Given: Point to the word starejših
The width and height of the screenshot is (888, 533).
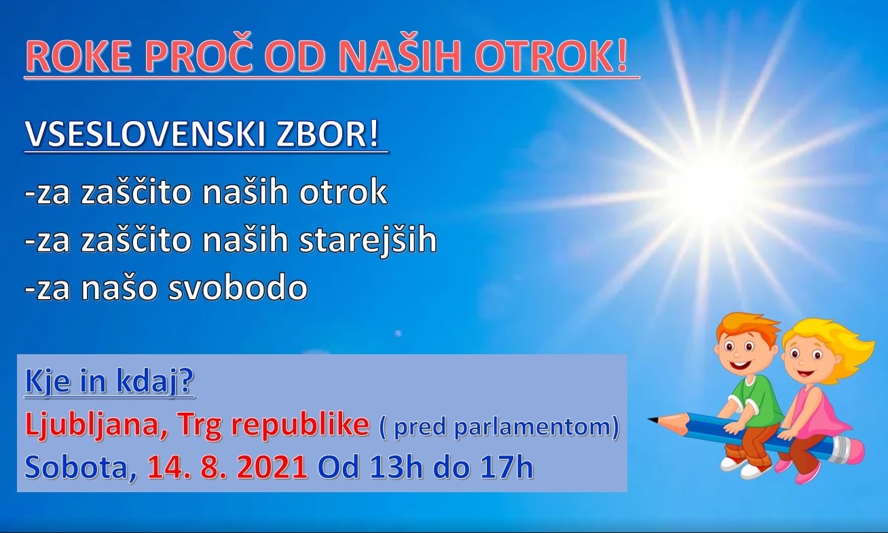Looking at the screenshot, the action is (x=368, y=241).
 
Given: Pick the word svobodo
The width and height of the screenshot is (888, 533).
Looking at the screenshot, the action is (x=238, y=287).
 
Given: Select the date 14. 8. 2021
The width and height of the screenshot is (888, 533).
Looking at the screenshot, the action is (x=227, y=468).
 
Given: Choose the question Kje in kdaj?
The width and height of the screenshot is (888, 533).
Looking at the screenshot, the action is (x=109, y=381).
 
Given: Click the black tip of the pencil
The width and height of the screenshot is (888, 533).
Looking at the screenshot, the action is (x=652, y=419).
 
